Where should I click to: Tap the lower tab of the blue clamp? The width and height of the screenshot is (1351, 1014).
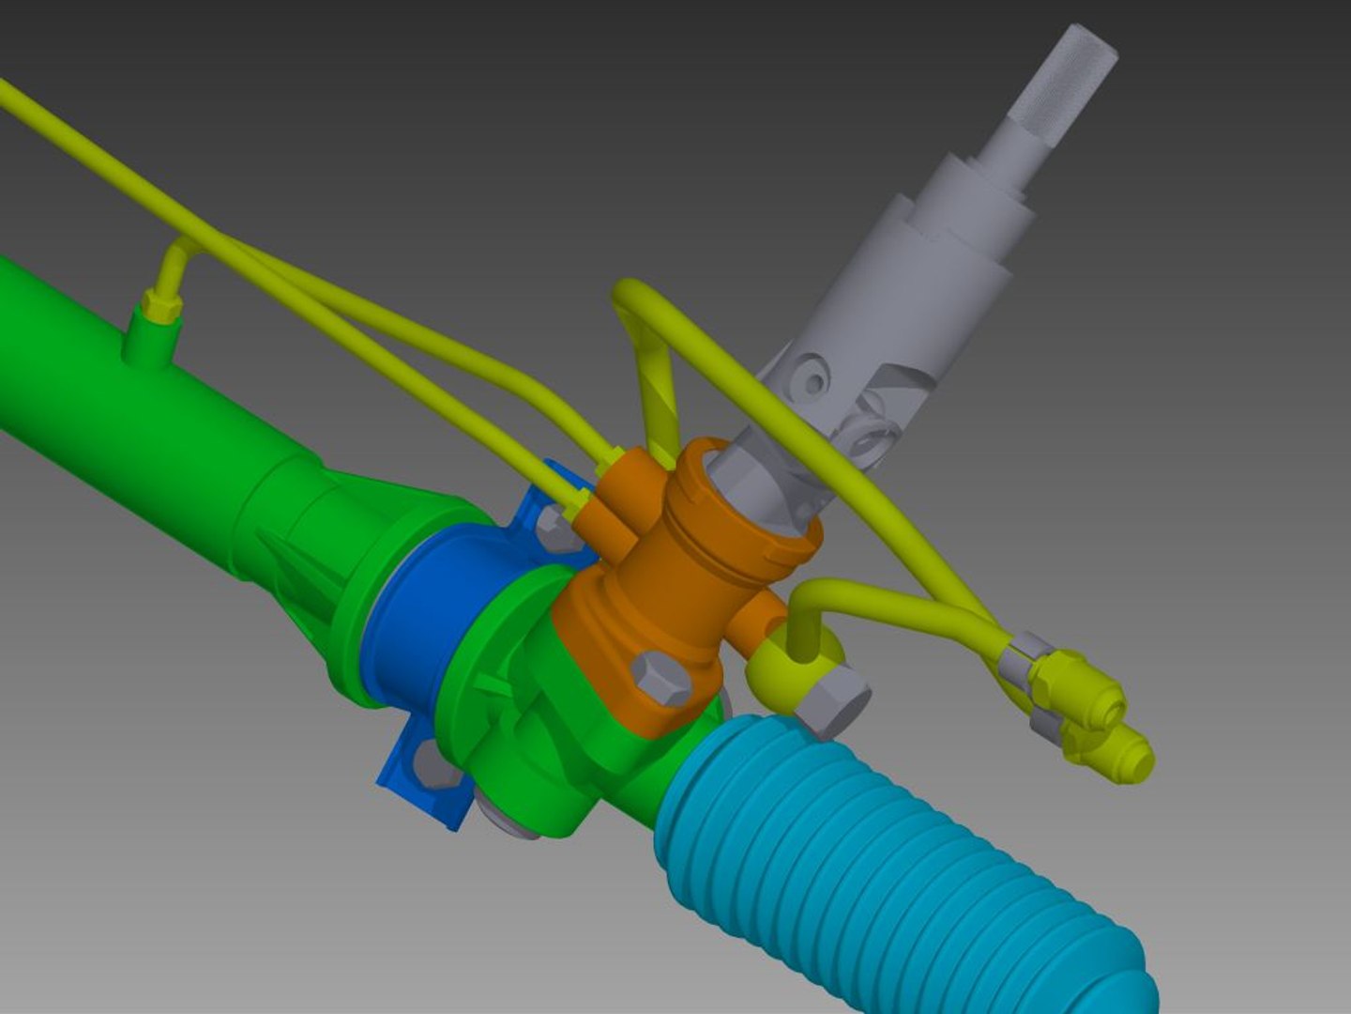(417, 784)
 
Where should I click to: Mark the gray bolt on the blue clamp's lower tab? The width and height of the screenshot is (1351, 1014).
(435, 765)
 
